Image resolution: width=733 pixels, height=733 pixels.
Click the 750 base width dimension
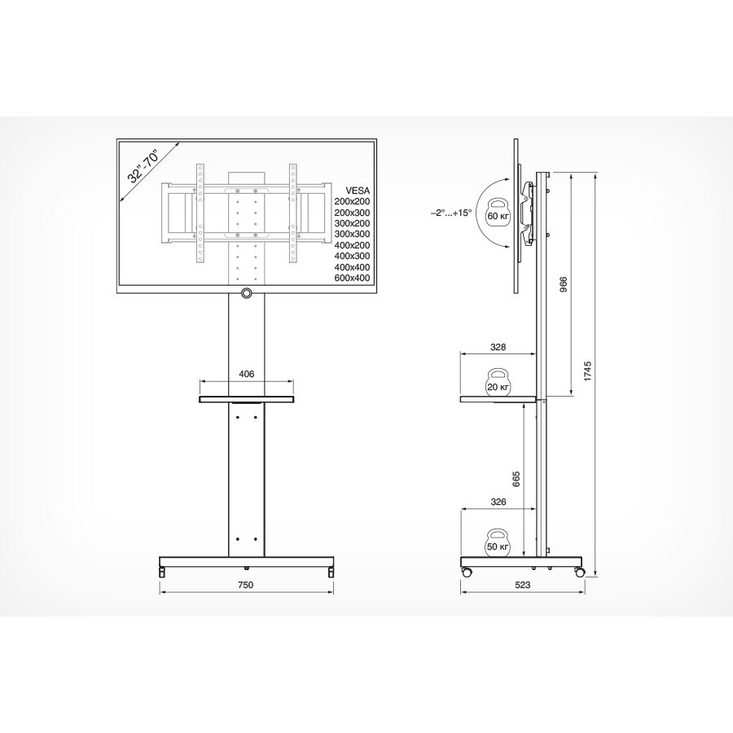pyautogui.click(x=246, y=586)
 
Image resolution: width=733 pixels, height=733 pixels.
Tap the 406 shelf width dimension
pyautogui.click(x=247, y=374)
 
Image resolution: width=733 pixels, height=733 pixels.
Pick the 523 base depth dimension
pyautogui.click(x=523, y=586)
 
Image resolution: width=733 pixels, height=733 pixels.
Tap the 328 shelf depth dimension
pyautogui.click(x=498, y=347)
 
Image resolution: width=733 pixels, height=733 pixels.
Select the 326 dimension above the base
pyautogui.click(x=498, y=503)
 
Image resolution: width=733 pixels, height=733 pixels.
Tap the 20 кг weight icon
pyautogui.click(x=498, y=383)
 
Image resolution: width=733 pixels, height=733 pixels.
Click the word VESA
pyautogui.click(x=358, y=188)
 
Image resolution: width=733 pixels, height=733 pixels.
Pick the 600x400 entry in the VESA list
pyautogui.click(x=352, y=279)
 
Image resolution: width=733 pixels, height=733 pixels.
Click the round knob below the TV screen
pyautogui.click(x=246, y=292)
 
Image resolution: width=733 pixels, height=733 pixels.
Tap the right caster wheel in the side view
pyautogui.click(x=579, y=573)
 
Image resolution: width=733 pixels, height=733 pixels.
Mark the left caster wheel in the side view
pyautogui.click(x=467, y=573)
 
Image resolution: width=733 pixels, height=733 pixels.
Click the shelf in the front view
pyautogui.click(x=246, y=399)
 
